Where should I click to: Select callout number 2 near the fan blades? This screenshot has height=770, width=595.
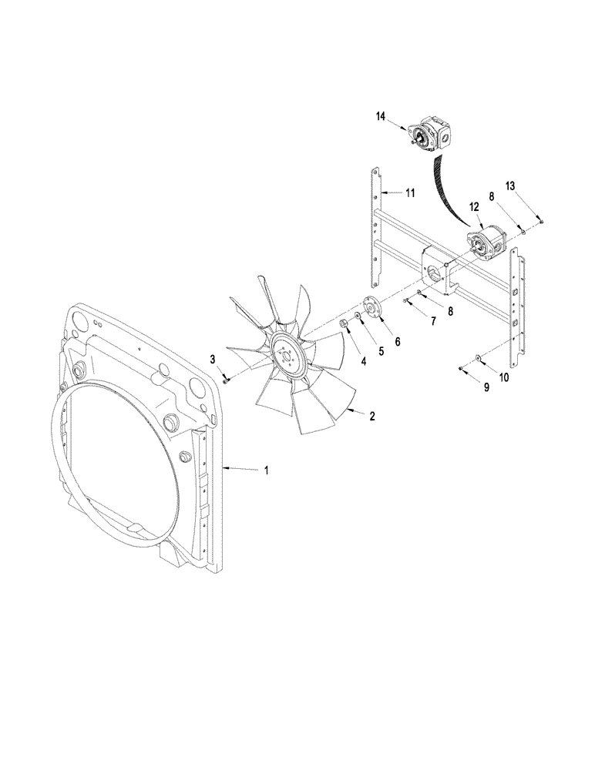pyautogui.click(x=372, y=417)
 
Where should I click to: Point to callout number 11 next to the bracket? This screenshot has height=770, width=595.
pyautogui.click(x=410, y=193)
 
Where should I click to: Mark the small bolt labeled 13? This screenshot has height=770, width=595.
pyautogui.click(x=542, y=221)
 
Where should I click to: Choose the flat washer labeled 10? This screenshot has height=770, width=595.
pyautogui.click(x=479, y=357)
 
